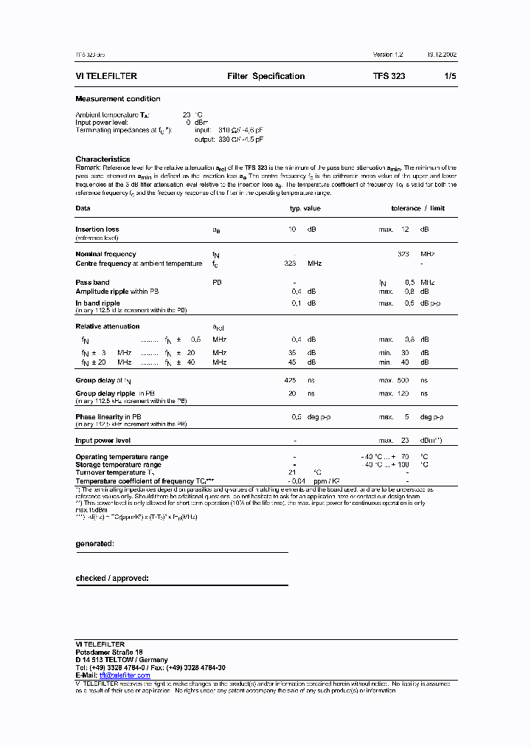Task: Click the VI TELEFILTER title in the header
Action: coord(106,76)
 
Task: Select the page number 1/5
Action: coord(450,76)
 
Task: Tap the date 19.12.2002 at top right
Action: coord(440,55)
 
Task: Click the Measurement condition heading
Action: coord(117,99)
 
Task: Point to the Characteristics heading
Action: coord(103,159)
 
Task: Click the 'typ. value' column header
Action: coord(305,208)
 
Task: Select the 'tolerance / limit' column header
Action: coord(418,208)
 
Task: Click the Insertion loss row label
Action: coord(97,230)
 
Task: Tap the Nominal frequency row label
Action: coord(105,254)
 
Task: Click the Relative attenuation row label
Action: coord(107,326)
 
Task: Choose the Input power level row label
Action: coord(103,441)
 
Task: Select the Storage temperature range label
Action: coord(118,465)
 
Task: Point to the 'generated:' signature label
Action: coord(94,543)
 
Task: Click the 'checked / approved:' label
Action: coord(112,578)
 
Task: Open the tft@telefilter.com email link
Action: coord(125,675)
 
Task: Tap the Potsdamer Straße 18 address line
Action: coord(109,653)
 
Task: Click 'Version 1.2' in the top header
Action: coord(388,55)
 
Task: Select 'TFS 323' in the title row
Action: coord(389,76)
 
